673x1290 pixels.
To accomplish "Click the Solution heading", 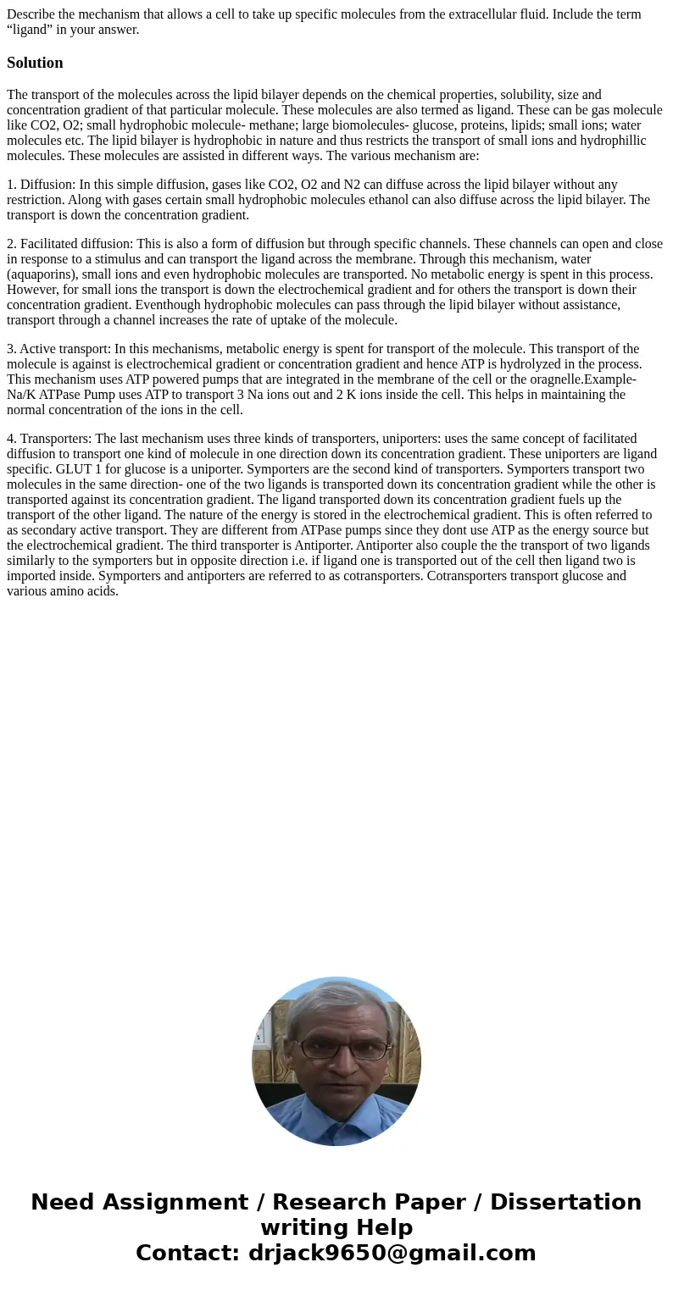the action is [x=35, y=63].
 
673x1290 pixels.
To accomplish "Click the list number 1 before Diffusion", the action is [x=11, y=185].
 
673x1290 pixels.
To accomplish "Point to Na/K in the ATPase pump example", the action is [x=22, y=395].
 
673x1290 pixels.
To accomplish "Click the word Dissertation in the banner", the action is [x=565, y=1203].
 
